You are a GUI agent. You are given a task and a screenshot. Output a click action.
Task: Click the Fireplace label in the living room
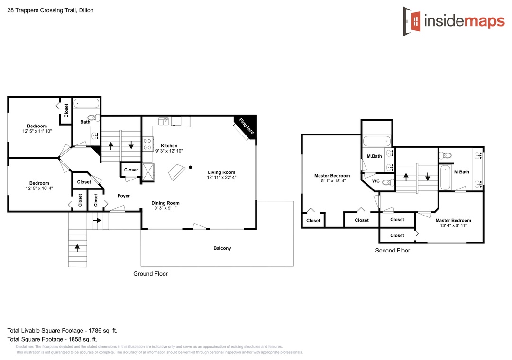point(246,126)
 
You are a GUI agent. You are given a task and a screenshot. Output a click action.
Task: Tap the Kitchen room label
point(169,146)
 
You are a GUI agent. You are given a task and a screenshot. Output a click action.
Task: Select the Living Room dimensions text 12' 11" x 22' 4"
point(221,178)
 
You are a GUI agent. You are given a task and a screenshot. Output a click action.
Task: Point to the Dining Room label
point(165,203)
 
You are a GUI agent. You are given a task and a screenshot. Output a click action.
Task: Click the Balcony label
point(222,248)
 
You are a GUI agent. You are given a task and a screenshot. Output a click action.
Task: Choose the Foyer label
point(123,196)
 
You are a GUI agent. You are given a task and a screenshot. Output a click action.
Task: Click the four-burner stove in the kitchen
point(147,144)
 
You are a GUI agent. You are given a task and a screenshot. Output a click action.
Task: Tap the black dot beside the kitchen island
point(191,167)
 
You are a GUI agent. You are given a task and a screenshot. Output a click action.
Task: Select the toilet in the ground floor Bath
point(93,117)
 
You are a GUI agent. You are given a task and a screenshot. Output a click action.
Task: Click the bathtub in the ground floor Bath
point(86,103)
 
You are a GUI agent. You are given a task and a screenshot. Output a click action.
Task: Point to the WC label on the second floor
point(376,181)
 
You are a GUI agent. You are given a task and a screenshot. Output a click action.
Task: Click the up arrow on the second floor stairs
point(406,177)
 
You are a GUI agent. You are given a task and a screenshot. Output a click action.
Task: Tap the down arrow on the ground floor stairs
point(131,145)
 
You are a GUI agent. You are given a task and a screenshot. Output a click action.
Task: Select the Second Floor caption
point(393,251)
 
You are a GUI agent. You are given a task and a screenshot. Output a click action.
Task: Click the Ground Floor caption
point(151,274)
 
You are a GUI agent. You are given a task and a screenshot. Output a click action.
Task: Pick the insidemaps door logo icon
point(412,21)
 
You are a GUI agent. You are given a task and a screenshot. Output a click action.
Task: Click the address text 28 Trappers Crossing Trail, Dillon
point(50,10)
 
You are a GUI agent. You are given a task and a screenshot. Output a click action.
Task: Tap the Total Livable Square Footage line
point(63,331)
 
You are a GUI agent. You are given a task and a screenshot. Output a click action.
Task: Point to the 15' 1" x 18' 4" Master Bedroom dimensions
point(332,181)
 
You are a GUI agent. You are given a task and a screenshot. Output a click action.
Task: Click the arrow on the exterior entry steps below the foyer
point(77,248)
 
